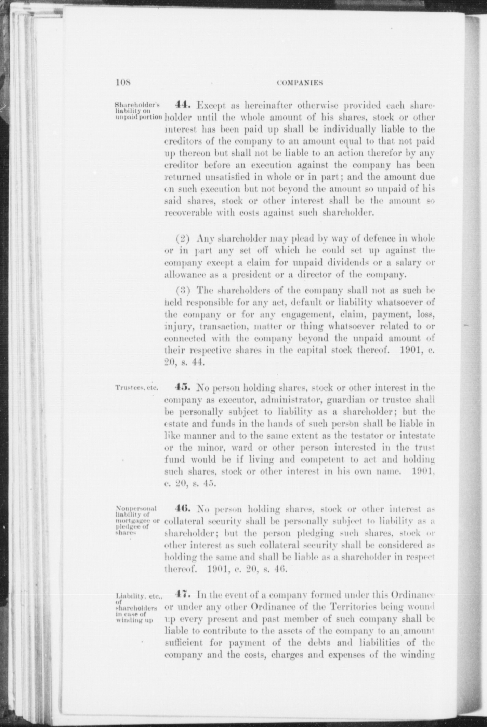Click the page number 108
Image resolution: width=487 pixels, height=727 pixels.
point(121,83)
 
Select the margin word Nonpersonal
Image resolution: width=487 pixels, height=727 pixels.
point(136,508)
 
